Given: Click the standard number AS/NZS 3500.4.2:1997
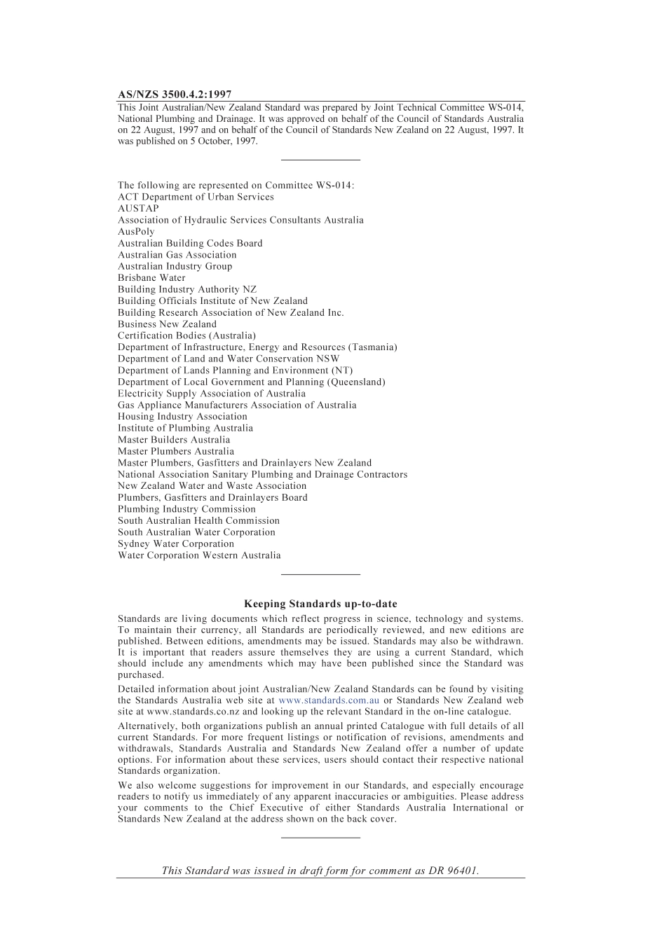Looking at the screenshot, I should [175, 95].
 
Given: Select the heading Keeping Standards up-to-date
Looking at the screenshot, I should [320, 604].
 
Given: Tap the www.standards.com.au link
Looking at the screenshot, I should [329, 700].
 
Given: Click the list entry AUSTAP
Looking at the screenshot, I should [138, 208].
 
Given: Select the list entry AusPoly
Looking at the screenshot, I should [136, 231].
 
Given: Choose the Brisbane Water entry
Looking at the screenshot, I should [151, 277].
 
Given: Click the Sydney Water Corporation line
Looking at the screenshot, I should [176, 543].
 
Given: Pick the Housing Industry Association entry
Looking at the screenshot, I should [182, 416].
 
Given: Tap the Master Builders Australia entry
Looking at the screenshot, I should [174, 440].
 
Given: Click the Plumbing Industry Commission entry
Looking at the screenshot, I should [186, 509].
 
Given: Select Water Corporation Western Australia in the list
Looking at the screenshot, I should [199, 555].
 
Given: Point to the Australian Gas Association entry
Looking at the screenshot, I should [177, 254].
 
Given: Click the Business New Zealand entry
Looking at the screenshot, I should [167, 324].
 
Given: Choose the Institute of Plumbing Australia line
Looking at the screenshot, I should [185, 428].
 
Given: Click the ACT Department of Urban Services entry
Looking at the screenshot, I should [196, 197].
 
